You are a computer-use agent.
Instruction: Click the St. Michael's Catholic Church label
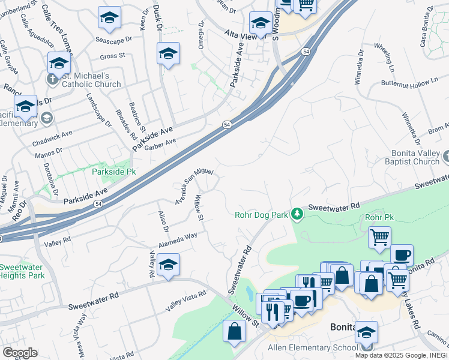(92, 80)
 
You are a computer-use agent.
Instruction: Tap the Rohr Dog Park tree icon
(297, 213)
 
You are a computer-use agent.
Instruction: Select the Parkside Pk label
(114, 172)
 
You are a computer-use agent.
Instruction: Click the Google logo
(19, 353)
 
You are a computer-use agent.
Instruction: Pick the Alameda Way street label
(178, 241)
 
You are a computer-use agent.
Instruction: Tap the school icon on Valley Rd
(169, 265)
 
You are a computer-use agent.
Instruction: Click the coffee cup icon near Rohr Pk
(401, 254)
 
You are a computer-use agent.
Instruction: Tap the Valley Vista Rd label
(185, 300)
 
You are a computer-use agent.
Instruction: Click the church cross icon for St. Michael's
(52, 79)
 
